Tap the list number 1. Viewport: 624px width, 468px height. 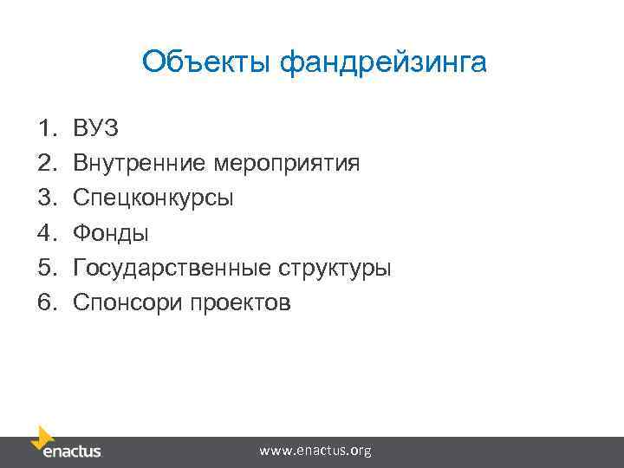coord(47,129)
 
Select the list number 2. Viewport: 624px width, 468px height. coord(47,164)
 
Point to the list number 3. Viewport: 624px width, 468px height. coord(47,198)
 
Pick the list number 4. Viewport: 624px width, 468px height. coord(47,233)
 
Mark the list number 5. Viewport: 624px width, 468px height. coord(47,268)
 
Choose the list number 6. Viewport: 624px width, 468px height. coord(47,302)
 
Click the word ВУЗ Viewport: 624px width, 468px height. coord(96,129)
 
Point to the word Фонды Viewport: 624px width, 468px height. coord(111,233)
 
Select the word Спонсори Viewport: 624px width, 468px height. coord(124,302)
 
